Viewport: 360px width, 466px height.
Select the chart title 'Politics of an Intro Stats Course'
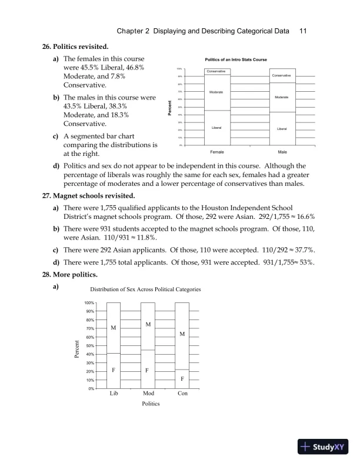[x=235, y=60]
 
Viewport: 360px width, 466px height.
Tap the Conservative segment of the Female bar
[x=217, y=71]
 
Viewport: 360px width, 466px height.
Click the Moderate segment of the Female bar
[x=217, y=92]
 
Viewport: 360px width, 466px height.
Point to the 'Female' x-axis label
[x=217, y=151]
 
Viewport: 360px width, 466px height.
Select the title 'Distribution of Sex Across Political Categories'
[x=145, y=289]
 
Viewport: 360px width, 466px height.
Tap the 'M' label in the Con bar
[x=182, y=334]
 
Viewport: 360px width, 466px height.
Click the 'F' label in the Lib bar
[x=113, y=371]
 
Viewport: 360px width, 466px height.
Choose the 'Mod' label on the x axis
[x=148, y=393]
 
